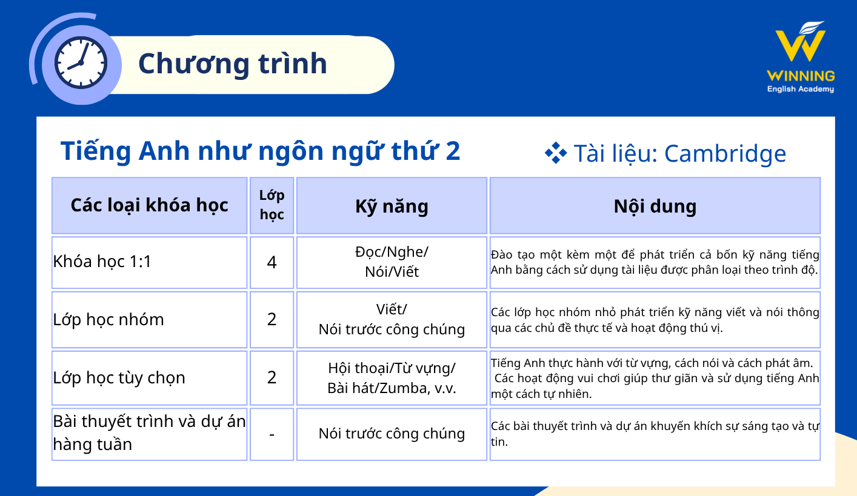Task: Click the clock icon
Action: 81,63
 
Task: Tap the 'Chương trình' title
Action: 233,64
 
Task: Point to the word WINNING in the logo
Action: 801,76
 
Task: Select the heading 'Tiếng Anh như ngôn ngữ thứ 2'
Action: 260,151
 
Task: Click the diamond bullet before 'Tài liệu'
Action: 556,153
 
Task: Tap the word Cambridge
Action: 725,154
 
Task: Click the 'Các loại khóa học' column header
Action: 149,205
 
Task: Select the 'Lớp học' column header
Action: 272,205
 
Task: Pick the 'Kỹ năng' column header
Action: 392,207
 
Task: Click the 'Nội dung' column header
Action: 655,206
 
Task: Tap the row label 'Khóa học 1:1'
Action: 102,262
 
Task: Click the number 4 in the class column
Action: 272,263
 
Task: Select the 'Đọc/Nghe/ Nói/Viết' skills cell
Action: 392,262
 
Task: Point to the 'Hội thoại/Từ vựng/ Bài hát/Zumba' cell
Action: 392,379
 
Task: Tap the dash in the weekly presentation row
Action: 272,435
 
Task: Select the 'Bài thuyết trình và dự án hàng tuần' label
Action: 149,433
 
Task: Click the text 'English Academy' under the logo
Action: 801,89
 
